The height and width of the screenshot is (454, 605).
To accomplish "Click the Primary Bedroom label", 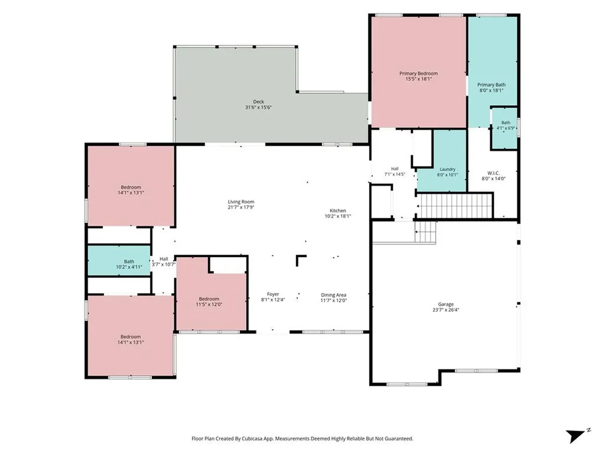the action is click(x=418, y=73).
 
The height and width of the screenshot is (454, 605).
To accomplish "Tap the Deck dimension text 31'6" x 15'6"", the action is click(x=259, y=108).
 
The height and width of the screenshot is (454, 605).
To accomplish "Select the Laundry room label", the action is click(x=447, y=169).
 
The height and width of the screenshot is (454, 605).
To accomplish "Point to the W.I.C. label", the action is click(x=493, y=173).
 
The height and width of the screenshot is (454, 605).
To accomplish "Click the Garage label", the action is click(x=445, y=304).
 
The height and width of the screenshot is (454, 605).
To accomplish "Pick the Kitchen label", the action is click(x=337, y=211).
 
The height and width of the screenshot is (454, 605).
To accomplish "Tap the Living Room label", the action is click(x=241, y=202).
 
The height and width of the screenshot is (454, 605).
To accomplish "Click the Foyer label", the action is click(x=273, y=294).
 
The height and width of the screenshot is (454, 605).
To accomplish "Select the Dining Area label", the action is click(x=333, y=295).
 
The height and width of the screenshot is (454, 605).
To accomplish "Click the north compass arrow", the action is click(x=575, y=436).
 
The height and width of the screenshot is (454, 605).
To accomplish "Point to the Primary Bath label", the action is click(x=491, y=85).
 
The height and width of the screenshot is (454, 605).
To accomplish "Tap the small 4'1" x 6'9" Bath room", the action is click(x=504, y=128).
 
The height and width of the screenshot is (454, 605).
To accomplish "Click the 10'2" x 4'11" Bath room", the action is click(x=119, y=260).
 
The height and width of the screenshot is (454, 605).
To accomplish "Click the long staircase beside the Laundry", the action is click(x=456, y=206).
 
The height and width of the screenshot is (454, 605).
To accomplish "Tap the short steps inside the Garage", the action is click(x=425, y=232).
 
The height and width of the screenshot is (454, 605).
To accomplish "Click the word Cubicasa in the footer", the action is click(x=253, y=439).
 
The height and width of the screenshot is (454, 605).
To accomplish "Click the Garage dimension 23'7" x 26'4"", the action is click(x=445, y=310).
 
